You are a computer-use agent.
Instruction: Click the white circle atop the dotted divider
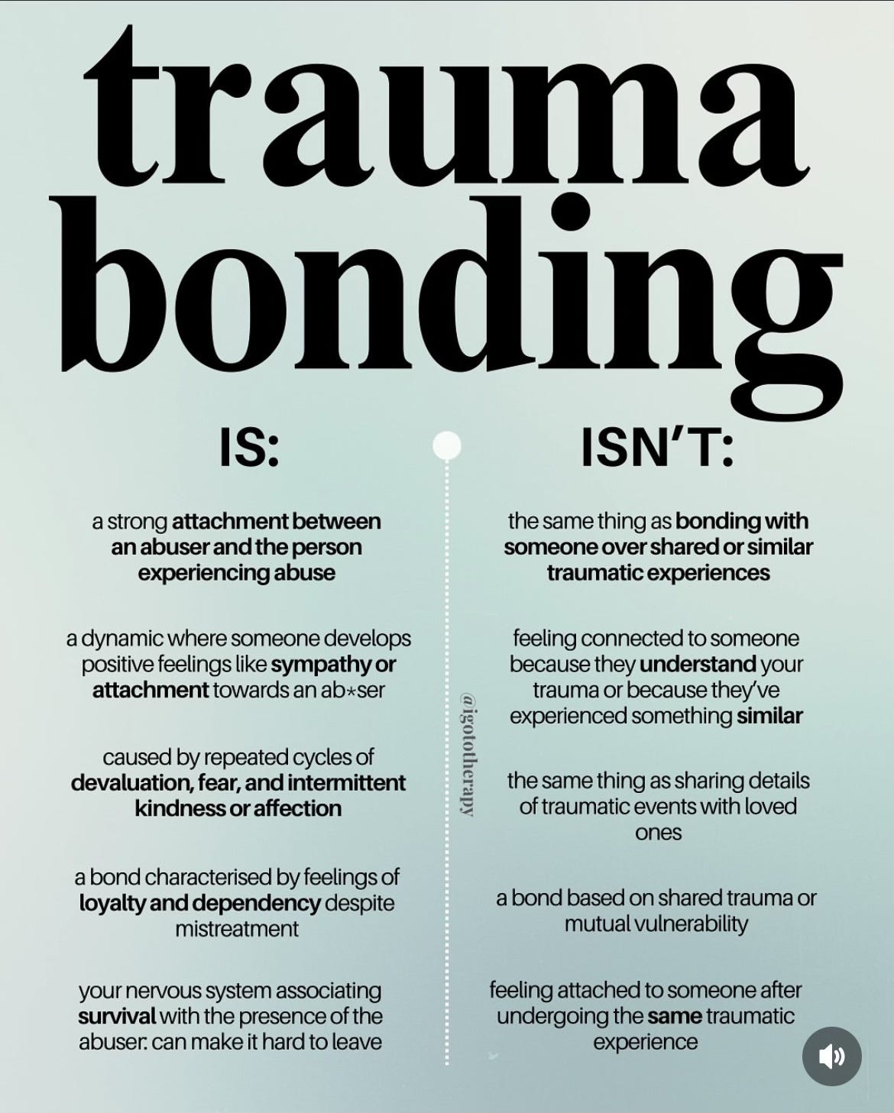pos(447,445)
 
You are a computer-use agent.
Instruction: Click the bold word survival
pos(117,1017)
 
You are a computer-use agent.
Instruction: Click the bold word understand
pos(698,665)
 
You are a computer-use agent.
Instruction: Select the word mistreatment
pos(237,930)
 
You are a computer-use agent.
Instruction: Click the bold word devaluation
pos(130,783)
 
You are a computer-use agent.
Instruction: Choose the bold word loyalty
pos(113,904)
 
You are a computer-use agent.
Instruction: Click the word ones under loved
pos(658,833)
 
